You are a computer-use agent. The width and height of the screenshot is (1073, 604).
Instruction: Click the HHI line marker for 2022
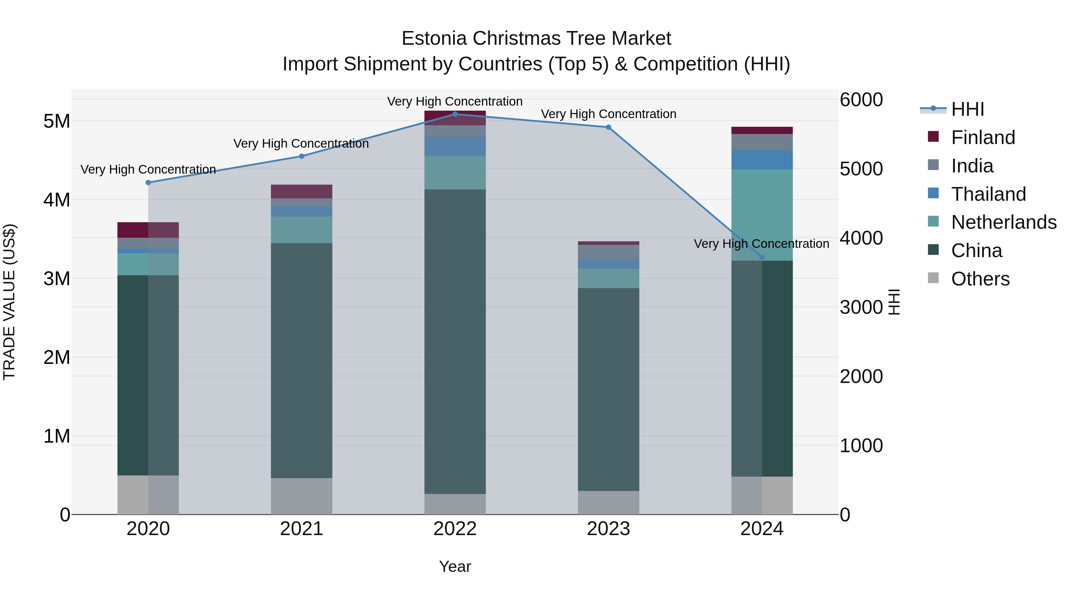(x=455, y=114)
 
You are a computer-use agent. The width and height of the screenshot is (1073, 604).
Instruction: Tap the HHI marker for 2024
(x=762, y=257)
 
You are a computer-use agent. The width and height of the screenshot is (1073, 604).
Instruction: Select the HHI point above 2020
(x=148, y=183)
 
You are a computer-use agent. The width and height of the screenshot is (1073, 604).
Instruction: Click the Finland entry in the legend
(x=983, y=138)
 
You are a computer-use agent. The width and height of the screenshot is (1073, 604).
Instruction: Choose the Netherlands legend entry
(x=1004, y=222)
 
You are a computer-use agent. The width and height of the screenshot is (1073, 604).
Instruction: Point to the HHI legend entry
(x=967, y=109)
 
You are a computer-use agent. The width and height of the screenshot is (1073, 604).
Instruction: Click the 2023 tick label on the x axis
(x=608, y=529)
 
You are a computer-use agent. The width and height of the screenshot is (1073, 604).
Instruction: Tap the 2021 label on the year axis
(x=302, y=529)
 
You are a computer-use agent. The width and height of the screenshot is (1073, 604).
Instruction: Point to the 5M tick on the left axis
(x=57, y=121)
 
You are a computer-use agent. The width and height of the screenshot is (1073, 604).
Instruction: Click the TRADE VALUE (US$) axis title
(x=9, y=302)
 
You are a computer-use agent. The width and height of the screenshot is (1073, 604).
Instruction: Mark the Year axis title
(x=455, y=566)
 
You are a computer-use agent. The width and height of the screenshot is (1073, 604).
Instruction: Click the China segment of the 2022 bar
(x=455, y=342)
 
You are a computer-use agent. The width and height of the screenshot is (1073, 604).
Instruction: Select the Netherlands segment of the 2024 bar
(x=762, y=215)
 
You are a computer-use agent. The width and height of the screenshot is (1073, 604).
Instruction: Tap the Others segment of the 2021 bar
(x=302, y=496)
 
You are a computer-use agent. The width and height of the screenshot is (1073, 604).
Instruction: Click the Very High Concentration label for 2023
(x=608, y=114)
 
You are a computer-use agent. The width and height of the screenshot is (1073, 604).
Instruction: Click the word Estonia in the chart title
(x=434, y=39)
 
